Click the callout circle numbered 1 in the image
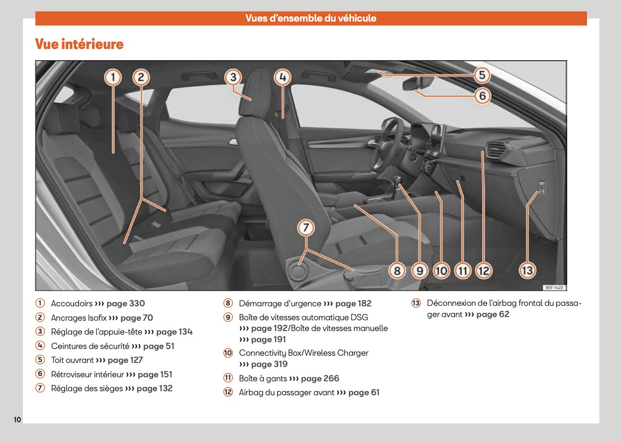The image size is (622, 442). click(113, 77)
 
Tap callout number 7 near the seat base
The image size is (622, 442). click(306, 227)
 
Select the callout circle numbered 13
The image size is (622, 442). click(527, 270)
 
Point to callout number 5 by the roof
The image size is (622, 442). click(482, 75)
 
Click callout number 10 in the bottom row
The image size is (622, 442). click(441, 270)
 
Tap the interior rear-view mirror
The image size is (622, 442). click(418, 83)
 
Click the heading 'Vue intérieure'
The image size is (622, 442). click(79, 44)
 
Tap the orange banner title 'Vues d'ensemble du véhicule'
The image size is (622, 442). click(311, 18)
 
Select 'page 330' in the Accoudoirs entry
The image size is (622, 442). click(126, 304)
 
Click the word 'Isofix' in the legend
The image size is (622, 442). click(97, 318)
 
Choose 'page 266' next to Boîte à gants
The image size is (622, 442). click(320, 379)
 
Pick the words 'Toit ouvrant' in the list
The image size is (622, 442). click(72, 360)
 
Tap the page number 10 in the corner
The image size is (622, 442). click(17, 420)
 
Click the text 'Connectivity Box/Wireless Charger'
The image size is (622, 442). click(304, 353)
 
